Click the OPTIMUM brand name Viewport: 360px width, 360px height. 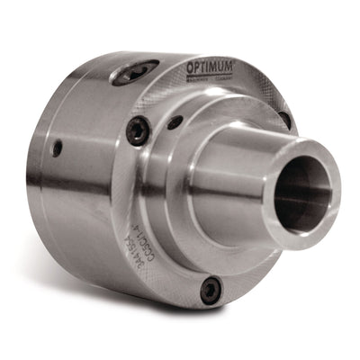point(210,68)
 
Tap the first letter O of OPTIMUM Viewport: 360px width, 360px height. point(191,68)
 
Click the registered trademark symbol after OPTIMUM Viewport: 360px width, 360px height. point(235,64)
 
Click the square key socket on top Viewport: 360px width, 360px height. point(133,72)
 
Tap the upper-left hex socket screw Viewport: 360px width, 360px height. point(138,131)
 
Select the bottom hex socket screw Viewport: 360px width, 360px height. point(211,290)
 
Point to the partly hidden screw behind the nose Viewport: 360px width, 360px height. point(284,119)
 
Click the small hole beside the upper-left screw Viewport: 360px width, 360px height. point(175,121)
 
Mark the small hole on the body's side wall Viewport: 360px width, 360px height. point(57,148)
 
